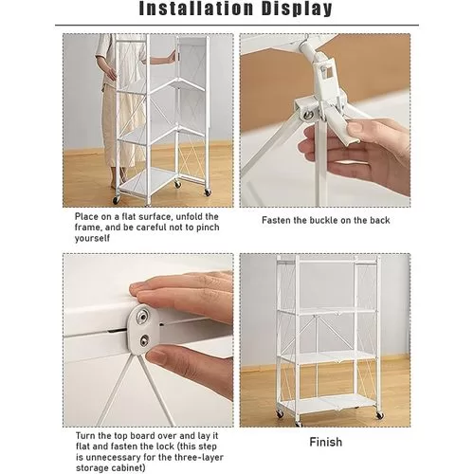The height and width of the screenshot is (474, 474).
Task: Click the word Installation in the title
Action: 196,9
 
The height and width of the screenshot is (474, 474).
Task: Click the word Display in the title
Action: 297,9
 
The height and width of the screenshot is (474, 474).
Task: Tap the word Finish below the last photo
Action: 325,442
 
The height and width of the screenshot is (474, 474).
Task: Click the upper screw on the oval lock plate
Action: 143,316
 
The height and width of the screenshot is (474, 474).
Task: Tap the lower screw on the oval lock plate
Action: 144,340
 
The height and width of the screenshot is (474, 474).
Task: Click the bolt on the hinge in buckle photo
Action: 306,115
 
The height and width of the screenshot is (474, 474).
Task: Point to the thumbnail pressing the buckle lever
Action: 355,129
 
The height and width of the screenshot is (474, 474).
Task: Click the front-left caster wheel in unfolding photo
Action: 117,199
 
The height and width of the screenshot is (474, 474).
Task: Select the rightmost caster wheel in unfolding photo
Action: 208,191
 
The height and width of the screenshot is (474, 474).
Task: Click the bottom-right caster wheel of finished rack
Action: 379,415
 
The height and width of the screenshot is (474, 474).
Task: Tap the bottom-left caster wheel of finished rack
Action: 281,414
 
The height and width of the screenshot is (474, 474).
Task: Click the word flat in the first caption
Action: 129,217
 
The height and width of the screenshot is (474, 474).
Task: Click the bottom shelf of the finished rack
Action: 328,404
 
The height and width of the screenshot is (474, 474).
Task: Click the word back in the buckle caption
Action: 379,220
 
